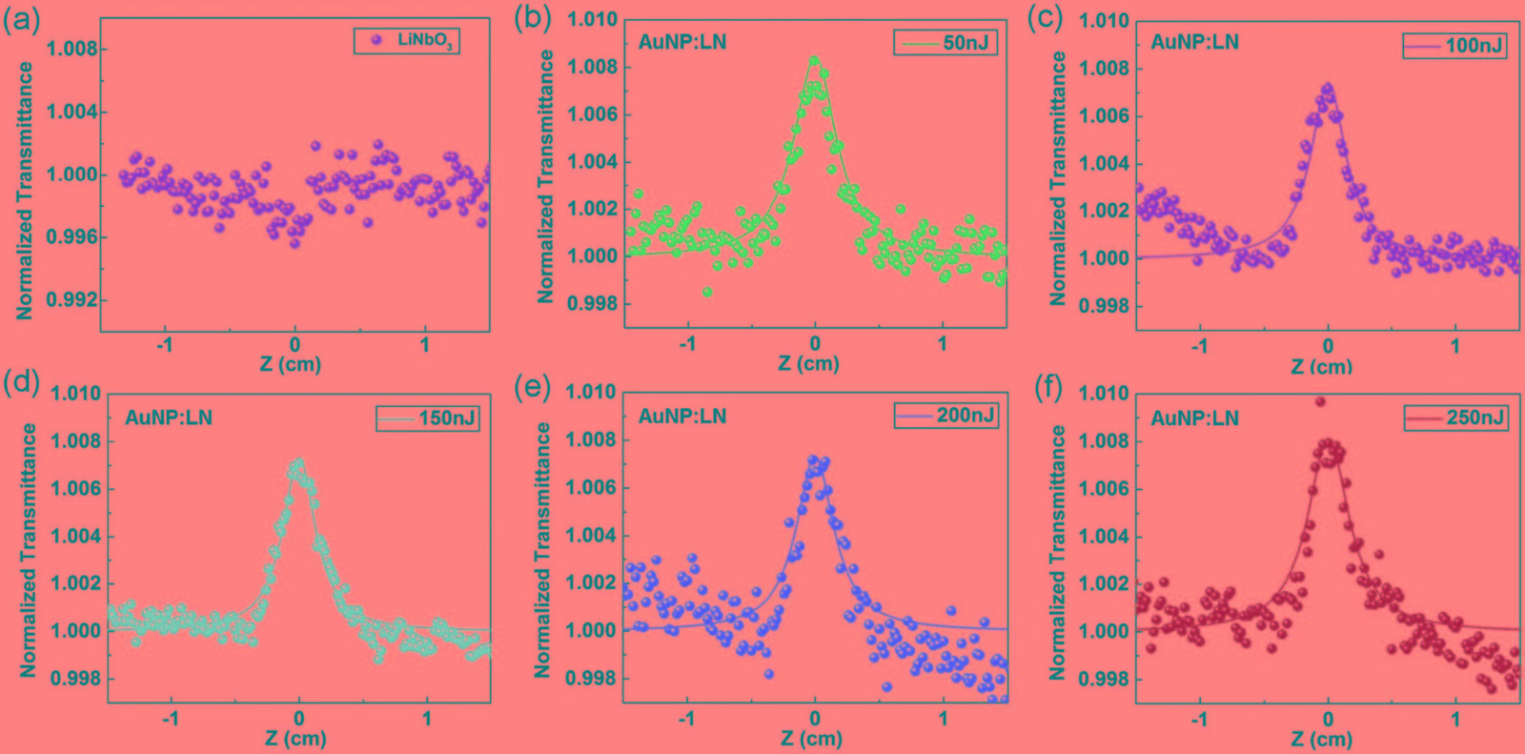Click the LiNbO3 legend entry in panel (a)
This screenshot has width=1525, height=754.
point(407,40)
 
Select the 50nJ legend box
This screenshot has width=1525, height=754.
point(945,43)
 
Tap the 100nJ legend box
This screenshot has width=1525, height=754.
point(1454,45)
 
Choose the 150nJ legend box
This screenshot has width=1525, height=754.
point(427,418)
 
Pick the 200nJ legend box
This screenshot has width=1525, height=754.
point(945,416)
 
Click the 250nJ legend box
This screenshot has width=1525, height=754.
point(1455,418)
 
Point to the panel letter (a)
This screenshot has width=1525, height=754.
point(21,20)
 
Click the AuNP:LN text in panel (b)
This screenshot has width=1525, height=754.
point(682,42)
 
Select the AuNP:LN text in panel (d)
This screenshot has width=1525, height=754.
point(169,418)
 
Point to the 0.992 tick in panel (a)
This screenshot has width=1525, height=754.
point(72,299)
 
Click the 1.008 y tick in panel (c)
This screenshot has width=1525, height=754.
point(1104,68)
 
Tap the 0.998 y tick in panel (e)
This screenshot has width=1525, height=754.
point(591,678)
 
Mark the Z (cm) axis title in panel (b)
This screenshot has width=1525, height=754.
point(808,363)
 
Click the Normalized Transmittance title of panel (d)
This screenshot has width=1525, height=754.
point(29,550)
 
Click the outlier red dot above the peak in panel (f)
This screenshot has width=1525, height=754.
point(1320,401)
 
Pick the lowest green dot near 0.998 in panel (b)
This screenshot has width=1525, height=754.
point(707,292)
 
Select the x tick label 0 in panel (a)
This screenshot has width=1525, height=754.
point(295,344)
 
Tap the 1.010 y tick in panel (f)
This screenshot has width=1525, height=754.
point(1105,393)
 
